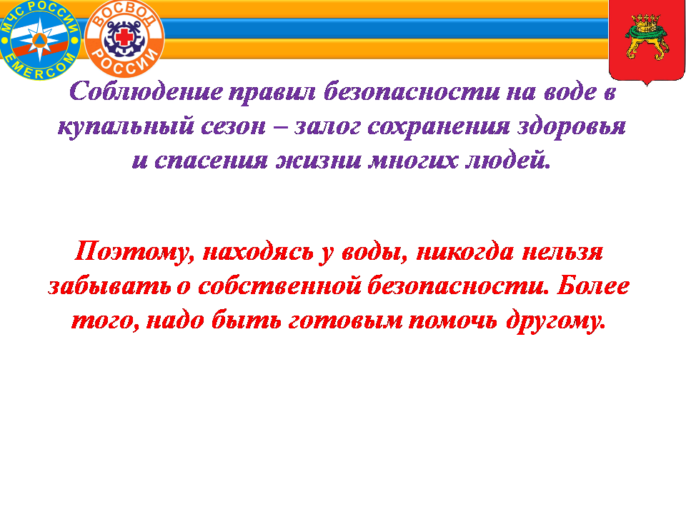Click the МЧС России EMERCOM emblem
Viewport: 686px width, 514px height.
click(40, 40)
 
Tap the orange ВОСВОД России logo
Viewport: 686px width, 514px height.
click(124, 38)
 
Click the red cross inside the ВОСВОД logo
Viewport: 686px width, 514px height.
click(124, 37)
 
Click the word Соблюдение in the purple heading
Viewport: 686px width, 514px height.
click(146, 92)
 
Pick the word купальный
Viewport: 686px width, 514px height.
click(126, 127)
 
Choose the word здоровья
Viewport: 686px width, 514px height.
click(572, 127)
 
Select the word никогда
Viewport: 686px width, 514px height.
click(465, 252)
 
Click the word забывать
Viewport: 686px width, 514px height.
click(109, 286)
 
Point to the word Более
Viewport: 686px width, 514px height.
click(593, 286)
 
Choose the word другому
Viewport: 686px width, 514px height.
click(556, 321)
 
